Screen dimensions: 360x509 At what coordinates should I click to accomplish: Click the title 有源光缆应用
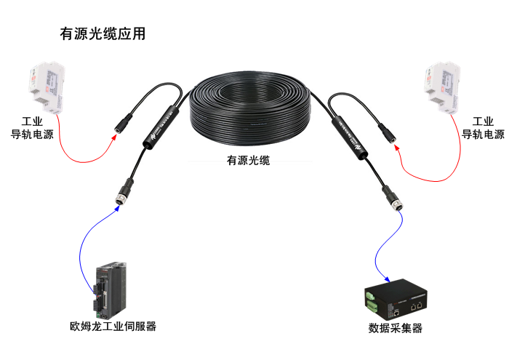[x=103, y=34]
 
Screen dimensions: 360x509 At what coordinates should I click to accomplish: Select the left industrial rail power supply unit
[x=45, y=87]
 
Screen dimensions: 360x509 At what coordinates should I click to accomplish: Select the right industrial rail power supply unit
[x=441, y=88]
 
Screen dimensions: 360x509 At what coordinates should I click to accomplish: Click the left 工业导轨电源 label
[x=32, y=128]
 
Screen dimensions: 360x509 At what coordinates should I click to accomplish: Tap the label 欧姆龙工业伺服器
[x=108, y=326]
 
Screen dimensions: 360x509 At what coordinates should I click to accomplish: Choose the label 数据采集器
[x=396, y=328]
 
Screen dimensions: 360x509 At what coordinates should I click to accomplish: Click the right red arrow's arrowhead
[x=396, y=147]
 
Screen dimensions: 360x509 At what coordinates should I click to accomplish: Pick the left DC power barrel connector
[x=123, y=120]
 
